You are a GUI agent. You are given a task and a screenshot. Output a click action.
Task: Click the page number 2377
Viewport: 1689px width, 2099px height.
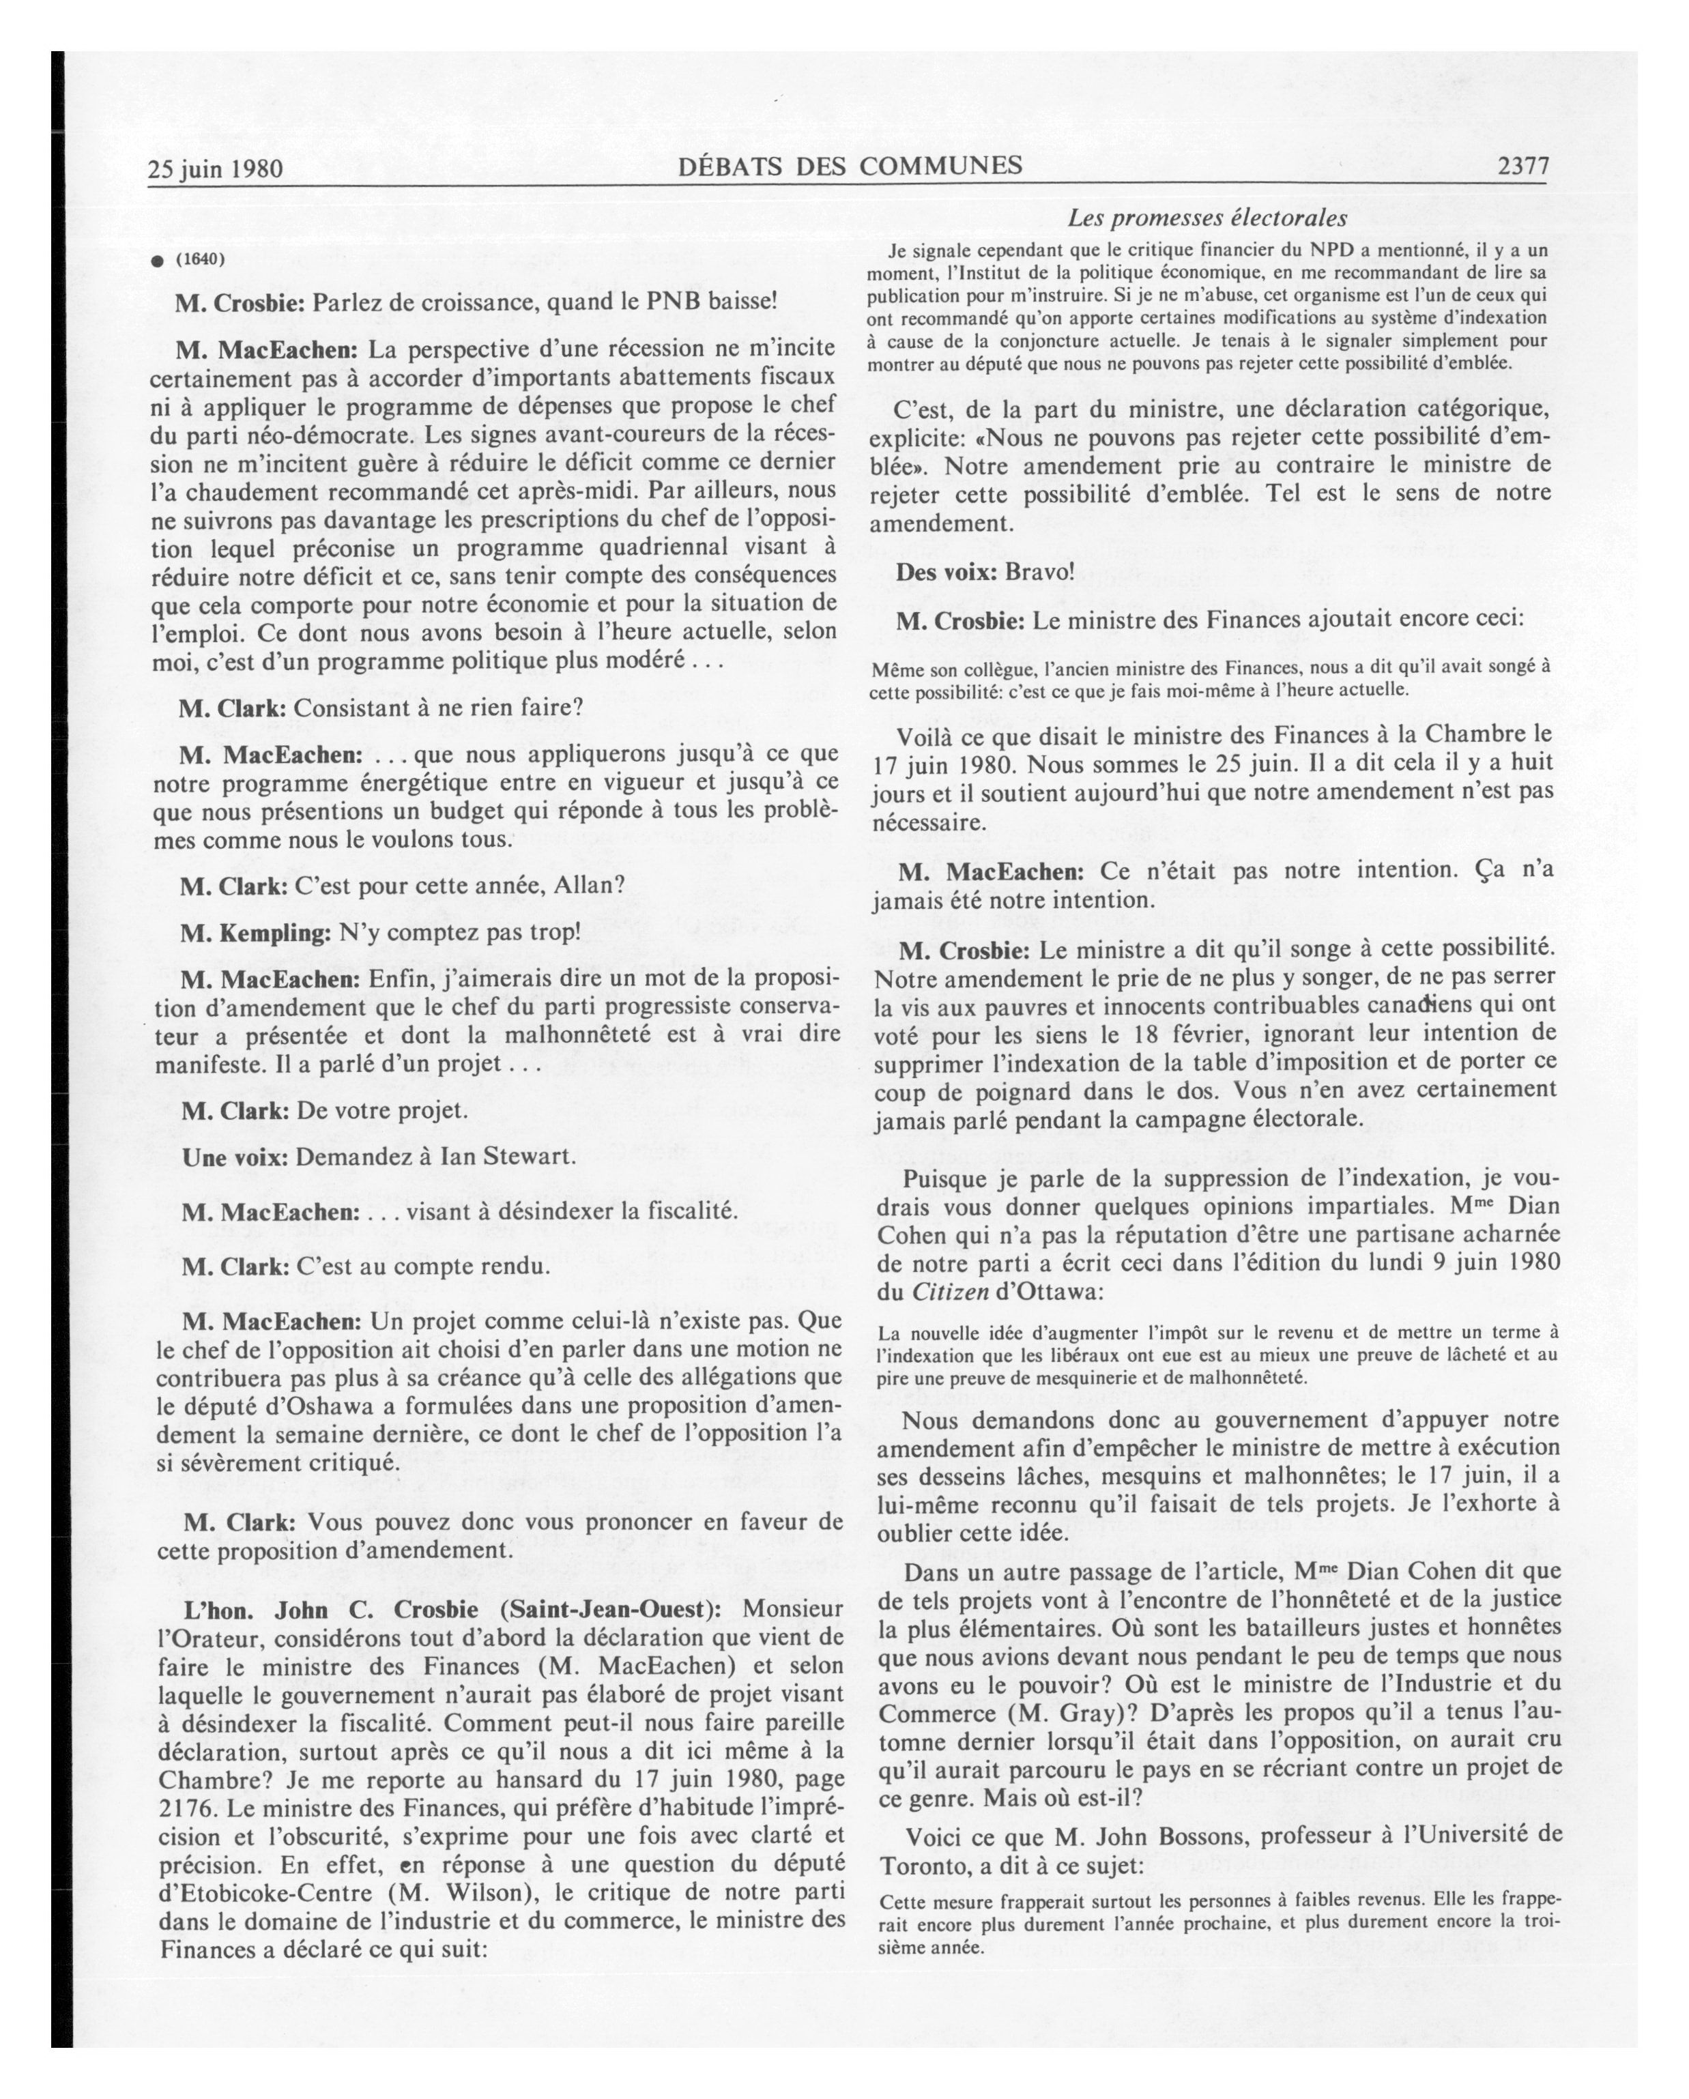[x=1522, y=167]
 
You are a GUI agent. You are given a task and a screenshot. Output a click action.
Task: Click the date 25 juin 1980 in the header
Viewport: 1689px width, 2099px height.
[x=215, y=169]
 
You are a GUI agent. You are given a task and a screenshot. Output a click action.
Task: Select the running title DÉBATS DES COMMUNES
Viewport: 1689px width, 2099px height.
[x=850, y=166]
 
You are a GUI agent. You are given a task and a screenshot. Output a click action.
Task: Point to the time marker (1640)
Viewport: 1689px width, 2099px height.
[x=201, y=259]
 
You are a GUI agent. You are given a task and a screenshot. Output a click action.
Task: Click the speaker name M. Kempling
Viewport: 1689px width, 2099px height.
[x=256, y=933]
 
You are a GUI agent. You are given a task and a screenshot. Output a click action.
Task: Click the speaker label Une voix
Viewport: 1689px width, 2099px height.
[x=235, y=1157]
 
